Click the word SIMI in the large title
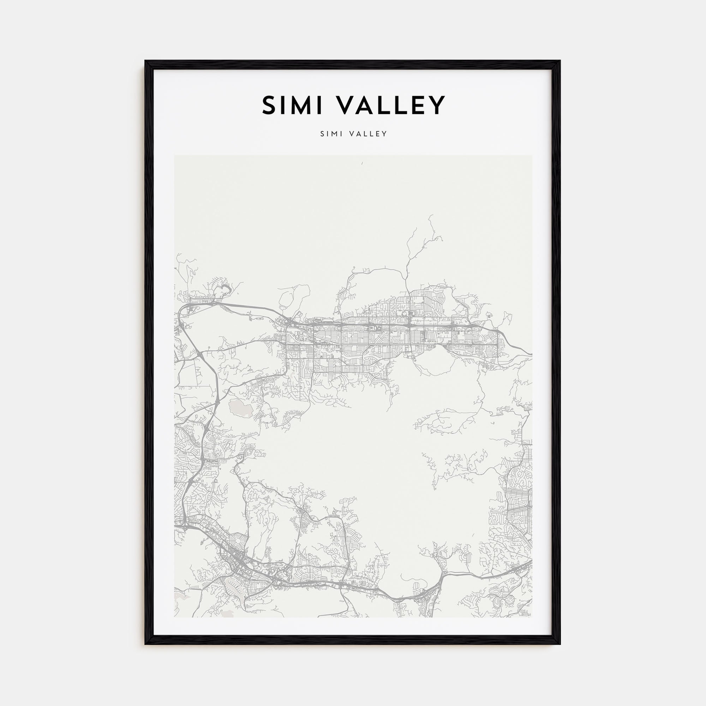292,105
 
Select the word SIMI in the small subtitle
331,134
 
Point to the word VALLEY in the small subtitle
367,134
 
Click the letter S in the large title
270,105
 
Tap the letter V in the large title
344,105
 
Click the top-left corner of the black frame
145,61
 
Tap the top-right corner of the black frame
560,61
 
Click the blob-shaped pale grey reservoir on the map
240,407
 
